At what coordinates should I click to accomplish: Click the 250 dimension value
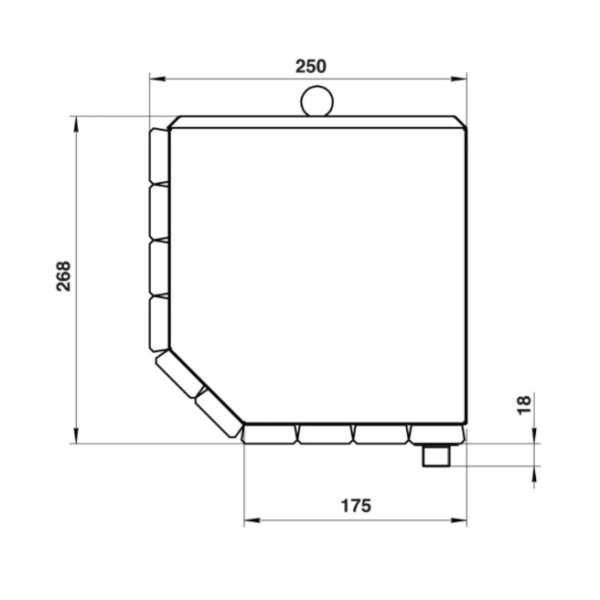pyautogui.click(x=311, y=67)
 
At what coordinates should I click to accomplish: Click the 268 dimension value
pyautogui.click(x=64, y=276)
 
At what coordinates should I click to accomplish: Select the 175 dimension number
pyautogui.click(x=356, y=505)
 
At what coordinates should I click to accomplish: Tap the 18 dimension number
pyautogui.click(x=524, y=405)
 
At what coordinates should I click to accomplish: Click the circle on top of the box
pyautogui.click(x=317, y=101)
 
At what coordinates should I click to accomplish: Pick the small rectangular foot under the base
pyautogui.click(x=436, y=455)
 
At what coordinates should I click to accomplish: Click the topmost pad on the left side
pyautogui.click(x=159, y=156)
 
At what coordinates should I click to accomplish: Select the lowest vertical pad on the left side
pyautogui.click(x=159, y=324)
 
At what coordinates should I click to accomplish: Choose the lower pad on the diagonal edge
pyautogui.click(x=219, y=413)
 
